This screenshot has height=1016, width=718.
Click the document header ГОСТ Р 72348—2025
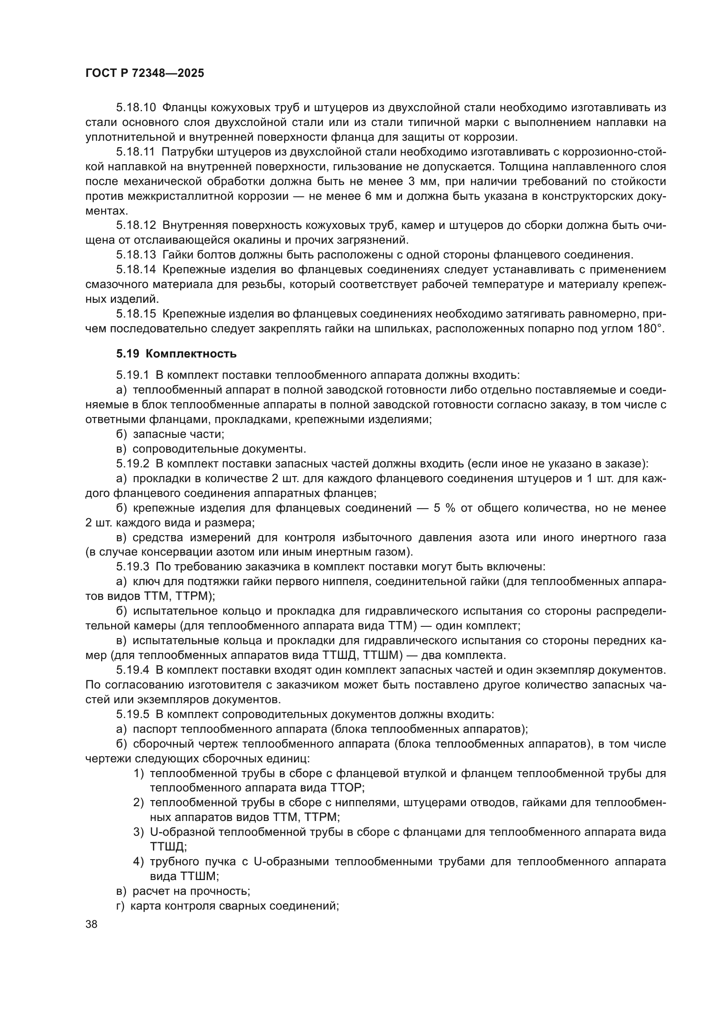pos(145,73)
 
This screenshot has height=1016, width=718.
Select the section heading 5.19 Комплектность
pos(176,354)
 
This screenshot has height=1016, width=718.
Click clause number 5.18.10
pos(136,108)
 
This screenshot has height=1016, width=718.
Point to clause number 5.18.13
pos(136,255)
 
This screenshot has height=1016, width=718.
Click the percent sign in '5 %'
pos(451,508)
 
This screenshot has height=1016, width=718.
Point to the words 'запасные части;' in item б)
pos(178,434)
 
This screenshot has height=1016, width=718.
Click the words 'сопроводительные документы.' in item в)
pos(219,449)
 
